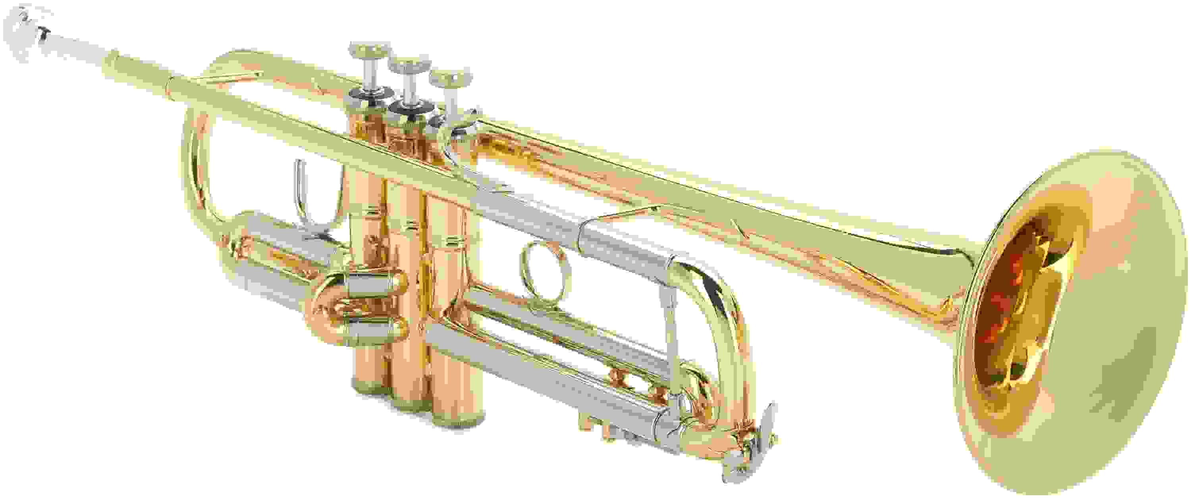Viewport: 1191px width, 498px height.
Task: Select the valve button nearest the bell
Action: [x=451, y=79]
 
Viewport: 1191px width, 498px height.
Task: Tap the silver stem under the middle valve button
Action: [x=407, y=88]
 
